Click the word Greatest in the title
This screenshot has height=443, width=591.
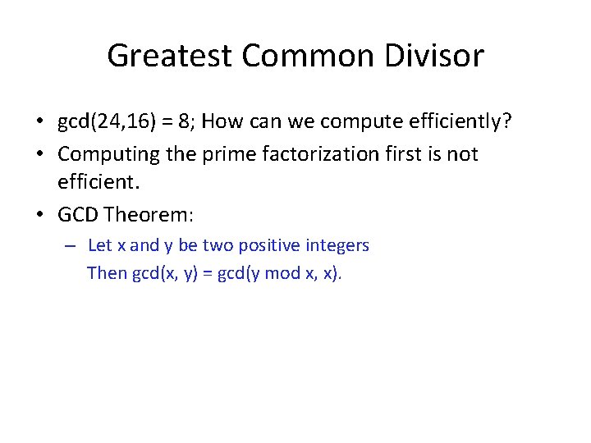tap(171, 56)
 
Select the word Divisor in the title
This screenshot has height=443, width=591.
tap(443, 56)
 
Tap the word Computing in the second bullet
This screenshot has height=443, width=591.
tap(107, 154)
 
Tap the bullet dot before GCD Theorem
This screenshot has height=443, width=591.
tap(39, 216)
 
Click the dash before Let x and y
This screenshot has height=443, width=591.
tap(71, 245)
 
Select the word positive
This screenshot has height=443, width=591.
tap(271, 245)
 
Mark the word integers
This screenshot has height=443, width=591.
tap(337, 245)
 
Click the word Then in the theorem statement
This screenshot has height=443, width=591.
tap(107, 273)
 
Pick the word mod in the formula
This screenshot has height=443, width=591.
tap(282, 273)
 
